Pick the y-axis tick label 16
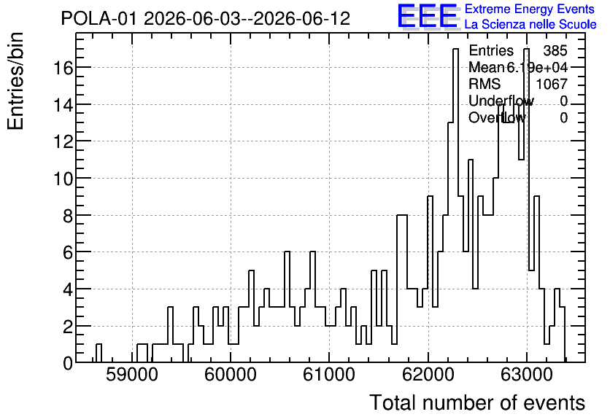63,69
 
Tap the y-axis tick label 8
68,216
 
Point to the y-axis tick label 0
68,364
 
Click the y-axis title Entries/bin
15,82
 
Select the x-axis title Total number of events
477,402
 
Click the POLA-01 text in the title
99,19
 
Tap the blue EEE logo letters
428,16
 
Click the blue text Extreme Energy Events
530,9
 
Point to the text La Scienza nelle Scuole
530,25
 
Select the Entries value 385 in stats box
555,50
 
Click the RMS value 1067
552,84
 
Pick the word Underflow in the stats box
501,101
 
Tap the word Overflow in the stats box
497,117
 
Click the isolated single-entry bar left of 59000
99,353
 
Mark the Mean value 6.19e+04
537,68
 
